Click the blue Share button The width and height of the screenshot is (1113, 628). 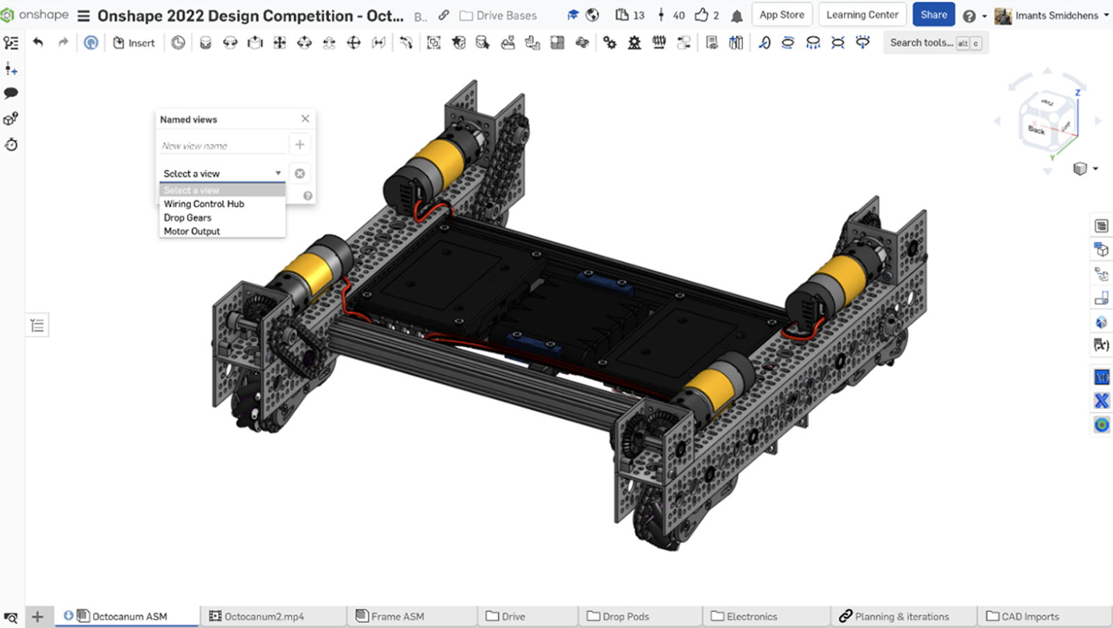pyautogui.click(x=933, y=15)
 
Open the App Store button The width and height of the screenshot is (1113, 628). pyautogui.click(x=781, y=15)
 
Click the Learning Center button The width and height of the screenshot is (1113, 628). pyautogui.click(x=862, y=15)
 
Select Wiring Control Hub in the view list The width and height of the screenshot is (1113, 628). pyautogui.click(x=204, y=204)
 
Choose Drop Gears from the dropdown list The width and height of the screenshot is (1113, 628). pyautogui.click(x=188, y=218)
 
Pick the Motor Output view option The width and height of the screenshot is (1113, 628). pyautogui.click(x=192, y=232)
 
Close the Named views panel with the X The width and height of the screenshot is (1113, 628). pyautogui.click(x=305, y=119)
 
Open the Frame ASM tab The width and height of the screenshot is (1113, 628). pyautogui.click(x=397, y=616)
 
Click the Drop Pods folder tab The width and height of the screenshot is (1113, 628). pyautogui.click(x=625, y=616)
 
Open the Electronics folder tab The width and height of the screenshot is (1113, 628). pyautogui.click(x=751, y=616)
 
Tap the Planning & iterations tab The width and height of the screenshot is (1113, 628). pyautogui.click(x=901, y=616)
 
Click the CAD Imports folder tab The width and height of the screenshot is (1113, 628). pyautogui.click(x=1030, y=616)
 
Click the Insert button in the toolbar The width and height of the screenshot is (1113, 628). pyautogui.click(x=134, y=43)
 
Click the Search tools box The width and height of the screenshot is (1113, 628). pyautogui.click(x=921, y=43)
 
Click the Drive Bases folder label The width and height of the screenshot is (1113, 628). pyautogui.click(x=506, y=15)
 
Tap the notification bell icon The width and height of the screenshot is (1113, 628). pyautogui.click(x=737, y=15)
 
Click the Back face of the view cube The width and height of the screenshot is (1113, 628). pyautogui.click(x=1036, y=129)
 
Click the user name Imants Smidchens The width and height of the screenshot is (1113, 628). pyautogui.click(x=1056, y=15)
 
